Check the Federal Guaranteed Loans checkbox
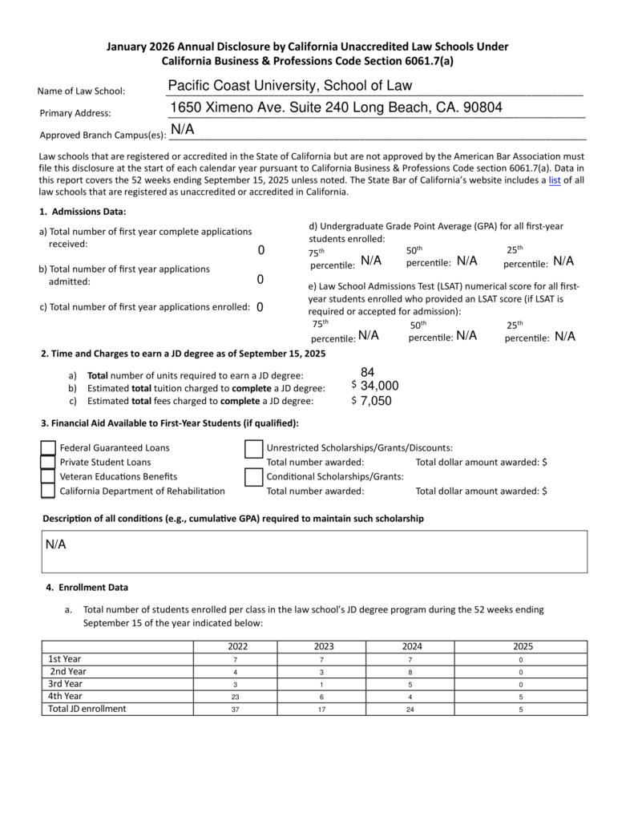(48, 448)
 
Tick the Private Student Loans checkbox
(48, 463)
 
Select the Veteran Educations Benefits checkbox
(48, 477)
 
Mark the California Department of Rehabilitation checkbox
(48, 491)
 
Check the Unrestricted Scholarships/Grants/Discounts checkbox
(254, 449)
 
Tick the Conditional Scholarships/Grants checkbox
(254, 477)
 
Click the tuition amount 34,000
(379, 386)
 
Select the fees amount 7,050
(376, 401)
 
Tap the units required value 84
(368, 372)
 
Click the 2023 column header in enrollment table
(324, 647)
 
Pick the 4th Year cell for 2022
(235, 697)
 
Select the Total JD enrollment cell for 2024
(410, 710)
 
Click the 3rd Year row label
(66, 684)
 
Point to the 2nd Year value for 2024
(410, 672)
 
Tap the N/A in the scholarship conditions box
(55, 545)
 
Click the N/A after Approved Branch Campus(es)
(182, 130)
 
